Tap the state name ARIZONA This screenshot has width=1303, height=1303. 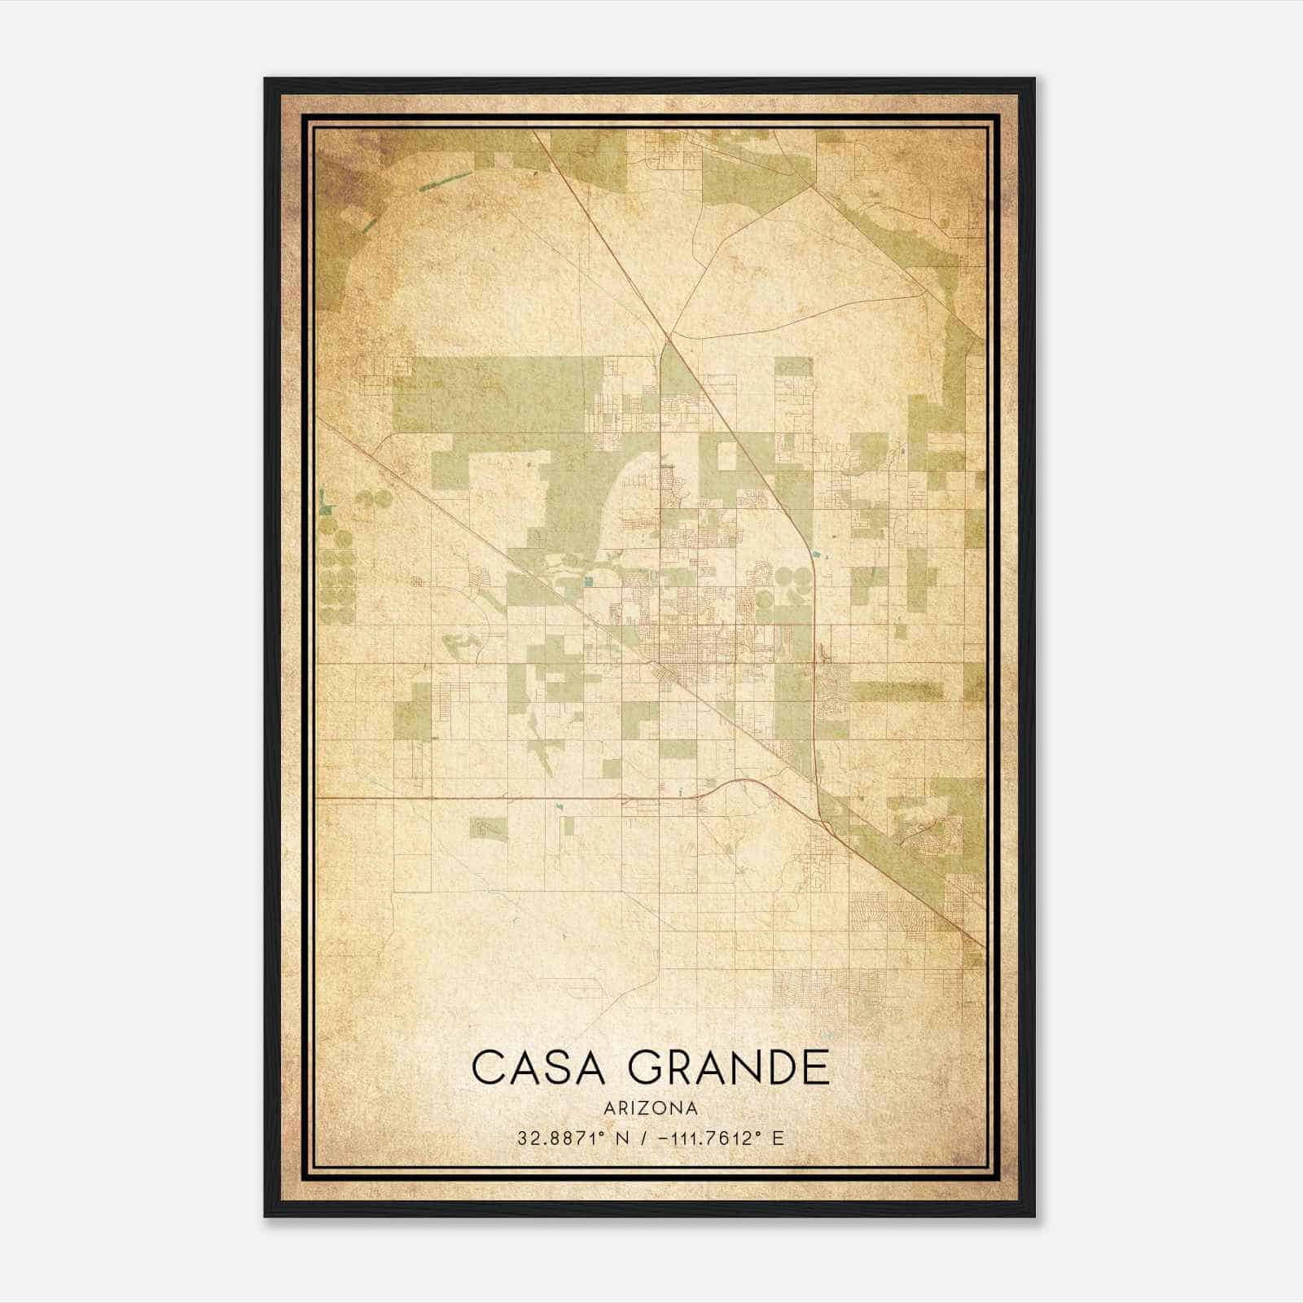651,1108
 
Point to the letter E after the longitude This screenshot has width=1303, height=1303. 778,1138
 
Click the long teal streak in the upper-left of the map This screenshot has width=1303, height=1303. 444,181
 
